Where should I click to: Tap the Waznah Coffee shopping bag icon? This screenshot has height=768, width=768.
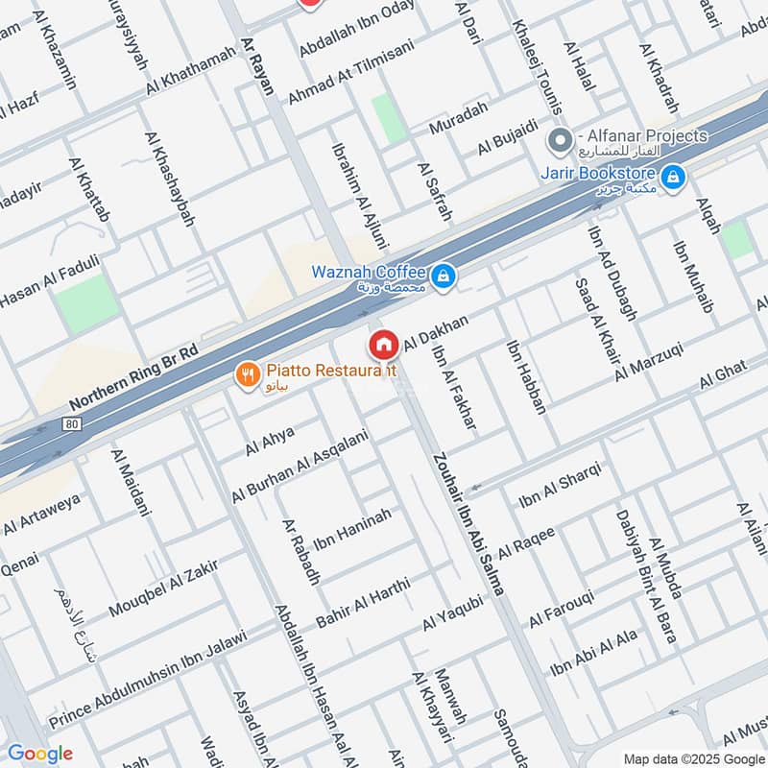[x=442, y=276]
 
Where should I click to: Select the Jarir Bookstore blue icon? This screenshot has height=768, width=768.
[x=673, y=177]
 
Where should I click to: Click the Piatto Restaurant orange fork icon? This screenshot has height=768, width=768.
[x=249, y=375]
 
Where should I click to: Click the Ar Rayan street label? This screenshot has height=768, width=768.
[x=257, y=70]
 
